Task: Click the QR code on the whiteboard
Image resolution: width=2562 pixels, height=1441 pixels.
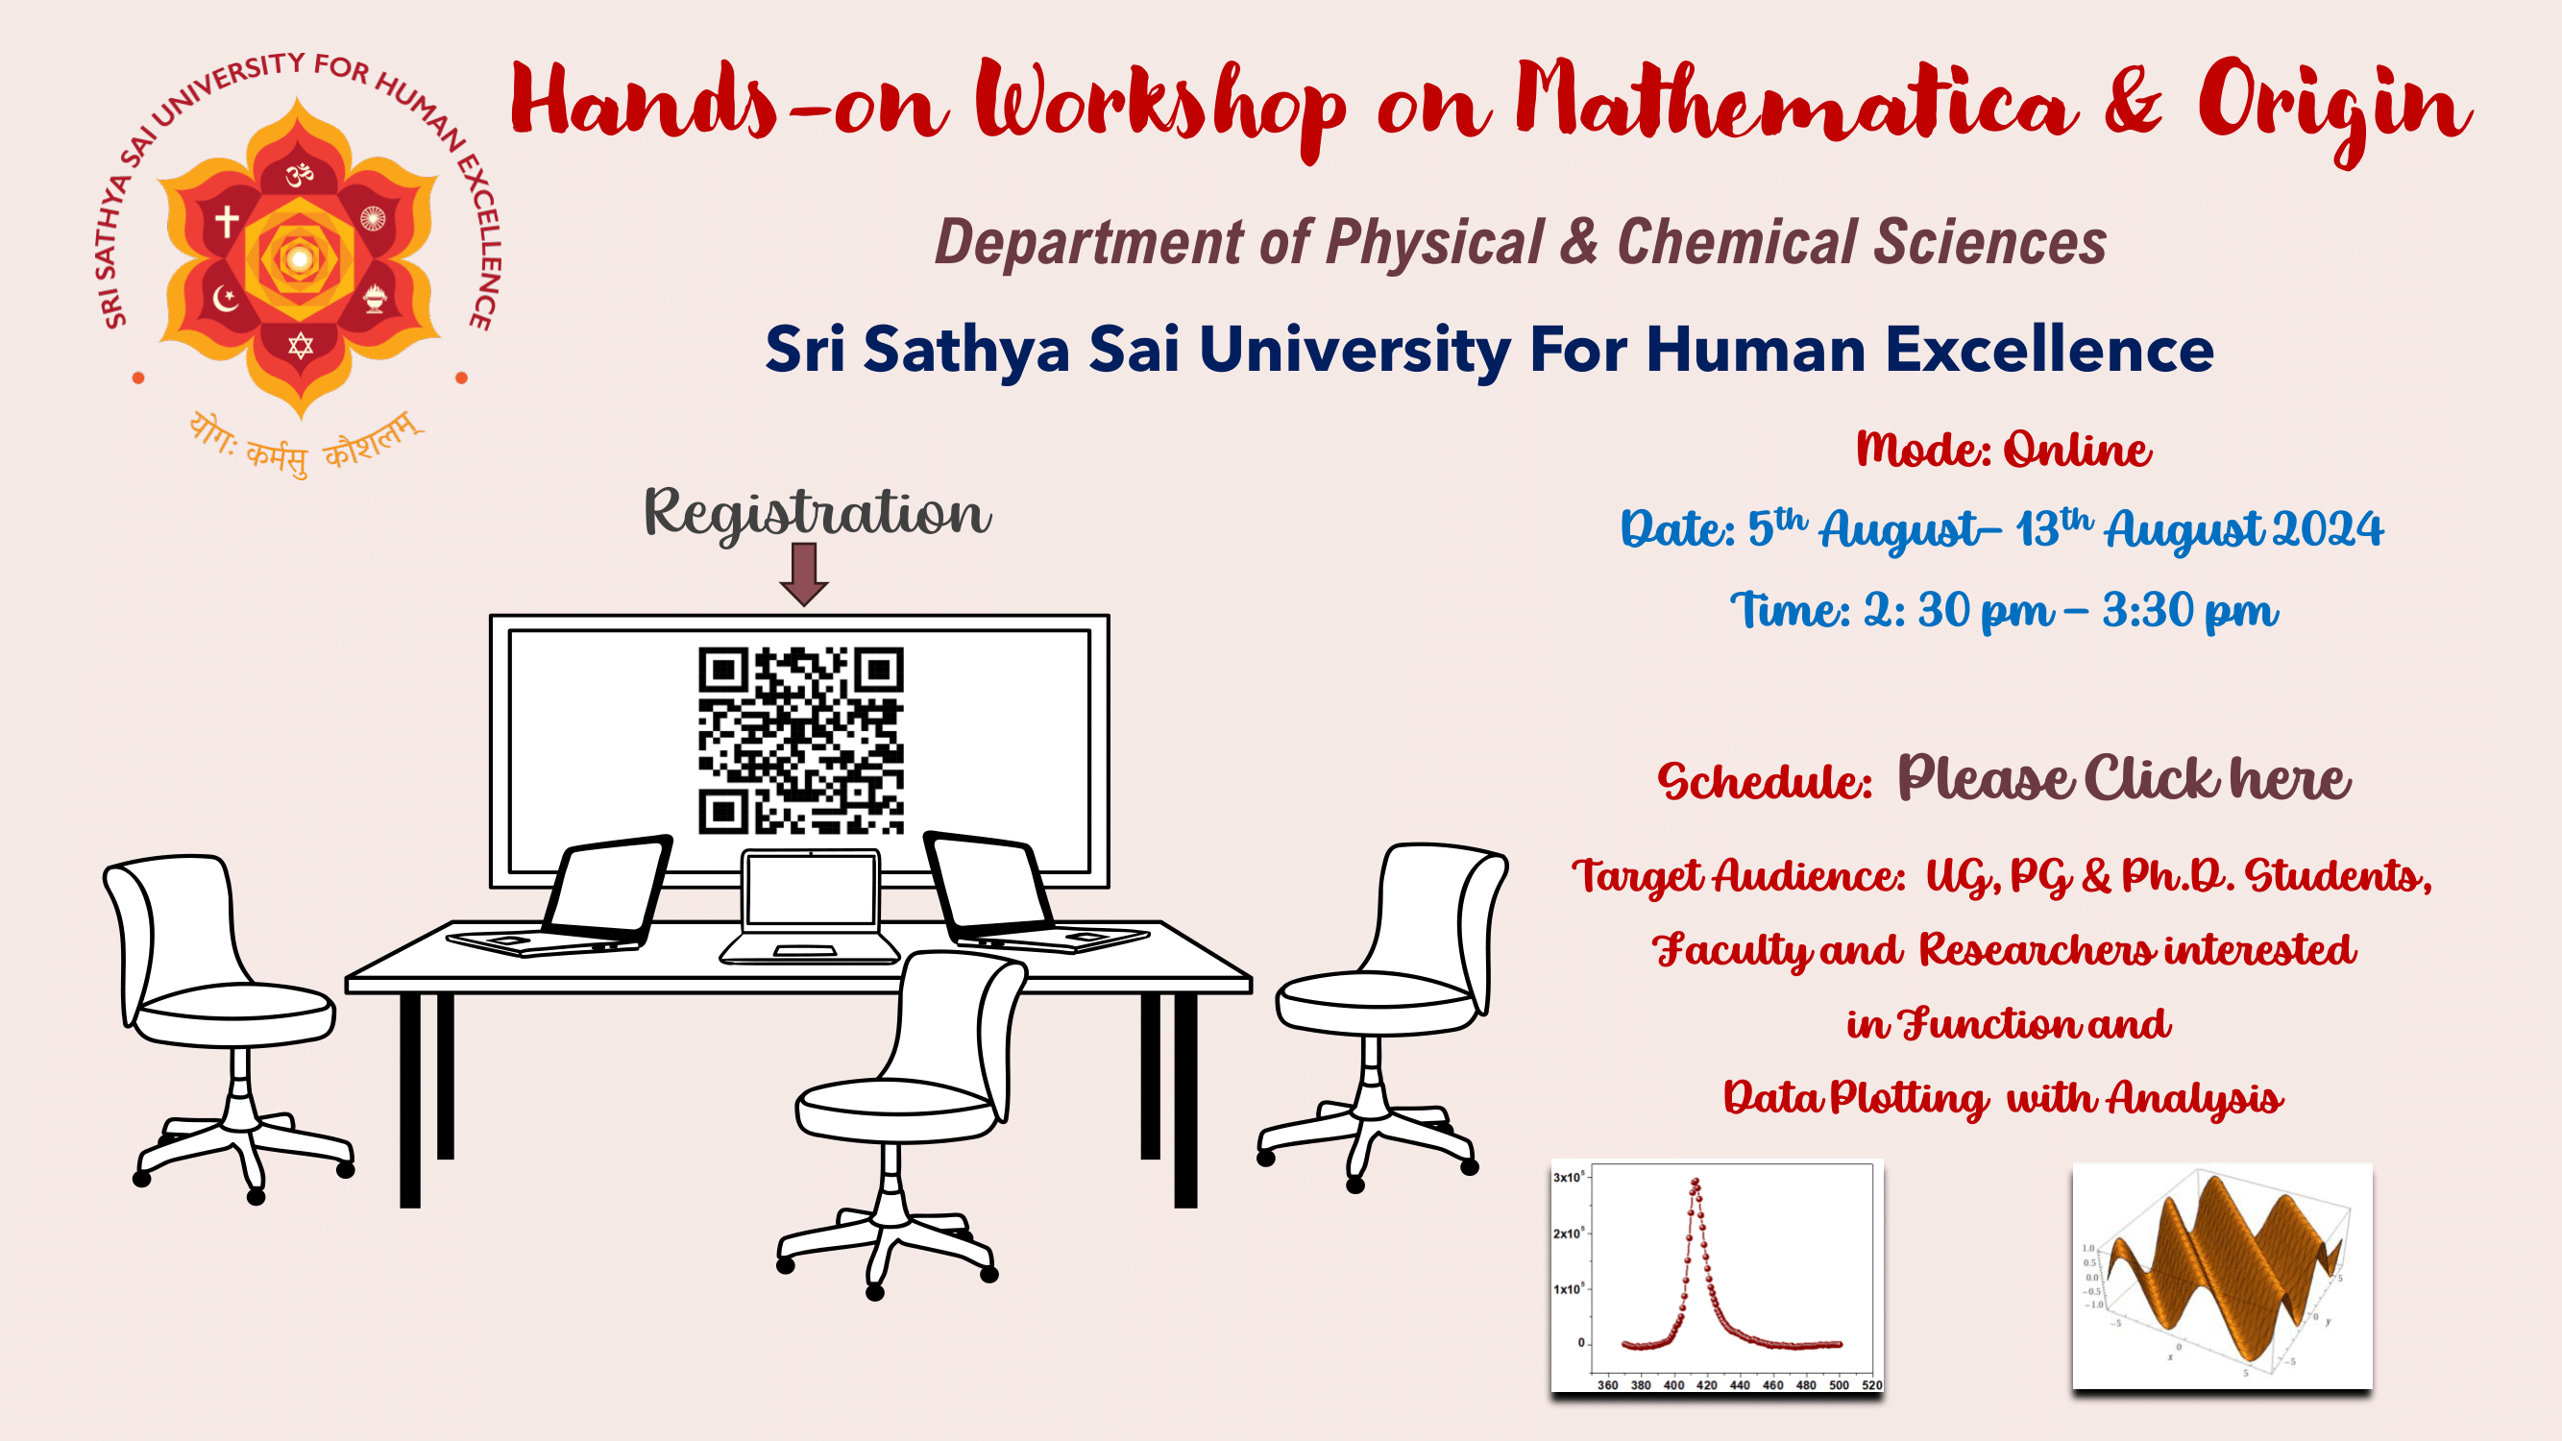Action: pyautogui.click(x=800, y=740)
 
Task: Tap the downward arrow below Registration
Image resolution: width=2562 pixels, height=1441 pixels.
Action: pyautogui.click(x=804, y=574)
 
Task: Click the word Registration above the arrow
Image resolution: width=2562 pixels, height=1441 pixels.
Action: pyautogui.click(x=817, y=513)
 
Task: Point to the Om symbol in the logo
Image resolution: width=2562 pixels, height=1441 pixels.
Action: pyautogui.click(x=300, y=176)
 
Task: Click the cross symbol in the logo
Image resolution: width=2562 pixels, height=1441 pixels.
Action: pyautogui.click(x=227, y=221)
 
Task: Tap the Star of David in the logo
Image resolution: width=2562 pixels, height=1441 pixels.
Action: pyautogui.click(x=301, y=345)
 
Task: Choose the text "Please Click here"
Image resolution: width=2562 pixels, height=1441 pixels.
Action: pyautogui.click(x=2123, y=779)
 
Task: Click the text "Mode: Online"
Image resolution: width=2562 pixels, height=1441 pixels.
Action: pyautogui.click(x=2003, y=450)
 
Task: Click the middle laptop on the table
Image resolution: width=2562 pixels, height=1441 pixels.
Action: pyautogui.click(x=811, y=906)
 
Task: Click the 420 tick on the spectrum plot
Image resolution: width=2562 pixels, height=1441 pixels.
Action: pyautogui.click(x=1707, y=1384)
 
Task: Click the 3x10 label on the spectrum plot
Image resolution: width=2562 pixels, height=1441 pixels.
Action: pyautogui.click(x=1569, y=1177)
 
